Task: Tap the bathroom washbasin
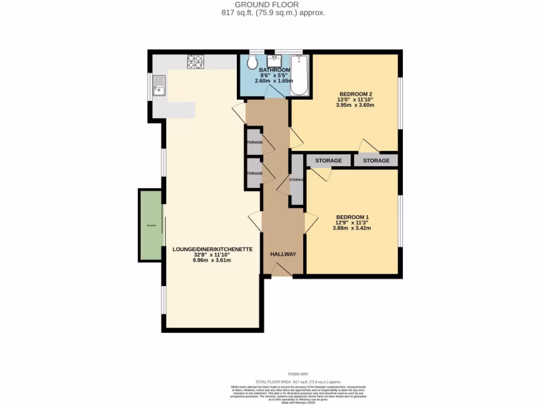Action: (275, 60)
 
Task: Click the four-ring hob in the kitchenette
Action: (195, 62)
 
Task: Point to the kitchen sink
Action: (159, 87)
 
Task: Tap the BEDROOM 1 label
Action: (352, 217)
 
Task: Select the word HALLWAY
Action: (283, 254)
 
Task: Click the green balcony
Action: (151, 225)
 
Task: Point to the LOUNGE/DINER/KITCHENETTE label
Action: (213, 249)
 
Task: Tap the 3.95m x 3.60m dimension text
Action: (355, 105)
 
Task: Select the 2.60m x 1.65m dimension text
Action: (274, 81)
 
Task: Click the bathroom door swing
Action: (275, 92)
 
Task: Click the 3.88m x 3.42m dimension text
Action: (352, 228)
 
